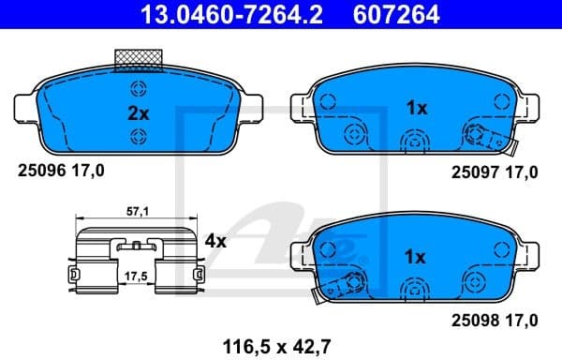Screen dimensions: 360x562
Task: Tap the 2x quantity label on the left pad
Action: pyautogui.click(x=138, y=113)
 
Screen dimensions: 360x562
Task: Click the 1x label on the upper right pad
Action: pyautogui.click(x=416, y=108)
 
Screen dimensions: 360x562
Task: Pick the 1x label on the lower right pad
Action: pyautogui.click(x=416, y=256)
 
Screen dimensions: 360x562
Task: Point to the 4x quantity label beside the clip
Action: pyautogui.click(x=215, y=241)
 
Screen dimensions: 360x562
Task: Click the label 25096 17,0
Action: pyautogui.click(x=62, y=171)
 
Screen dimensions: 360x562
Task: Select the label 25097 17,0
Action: pyautogui.click(x=494, y=172)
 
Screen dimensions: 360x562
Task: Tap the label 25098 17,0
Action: pyautogui.click(x=494, y=321)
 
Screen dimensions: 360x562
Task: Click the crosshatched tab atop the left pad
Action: pyautogui.click(x=139, y=59)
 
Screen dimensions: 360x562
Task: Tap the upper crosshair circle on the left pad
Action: pyautogui.click(x=138, y=90)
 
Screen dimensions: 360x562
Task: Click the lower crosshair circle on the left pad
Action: pyautogui.click(x=138, y=137)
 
